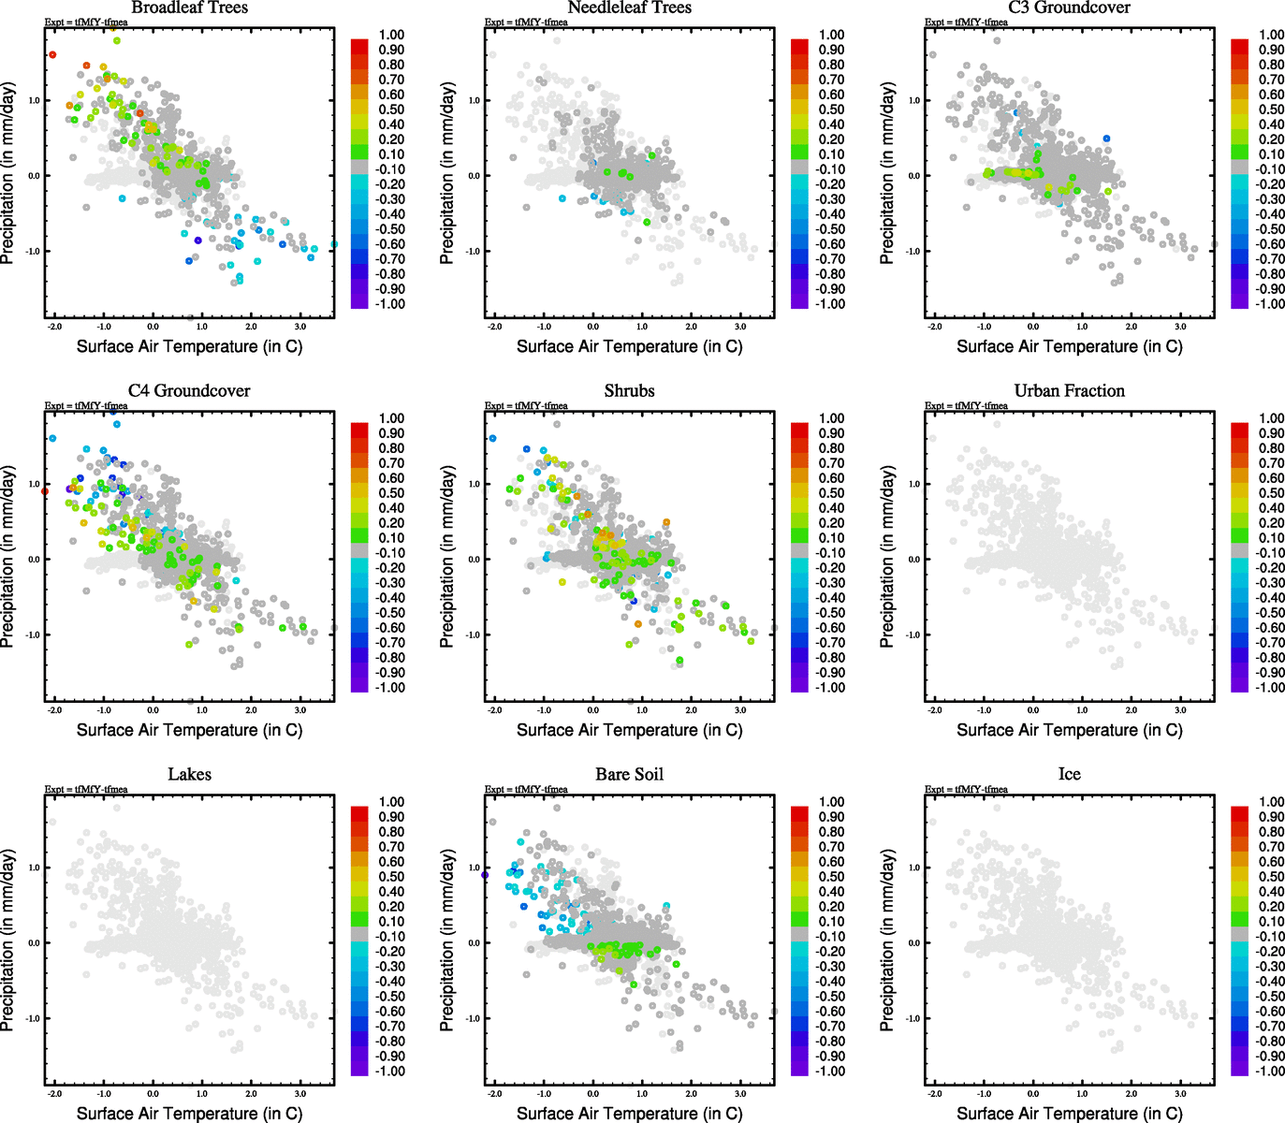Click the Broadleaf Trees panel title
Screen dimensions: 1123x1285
(189, 7)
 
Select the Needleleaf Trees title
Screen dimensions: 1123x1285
(629, 7)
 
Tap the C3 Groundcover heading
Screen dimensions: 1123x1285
(1069, 7)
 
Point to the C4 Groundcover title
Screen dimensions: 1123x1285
(189, 391)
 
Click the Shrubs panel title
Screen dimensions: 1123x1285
(629, 391)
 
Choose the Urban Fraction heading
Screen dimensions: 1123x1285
(1069, 391)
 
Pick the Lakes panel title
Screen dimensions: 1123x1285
(189, 775)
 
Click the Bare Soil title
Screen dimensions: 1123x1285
(629, 775)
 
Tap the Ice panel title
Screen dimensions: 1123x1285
(1069, 775)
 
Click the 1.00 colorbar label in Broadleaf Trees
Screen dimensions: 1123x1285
(392, 35)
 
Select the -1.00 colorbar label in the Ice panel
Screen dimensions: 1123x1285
(1270, 1071)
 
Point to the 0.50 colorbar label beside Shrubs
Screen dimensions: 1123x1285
(832, 493)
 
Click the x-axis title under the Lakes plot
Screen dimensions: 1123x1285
(189, 1113)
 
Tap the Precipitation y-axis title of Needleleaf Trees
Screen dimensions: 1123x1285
(447, 172)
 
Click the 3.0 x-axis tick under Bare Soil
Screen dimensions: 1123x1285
(739, 1094)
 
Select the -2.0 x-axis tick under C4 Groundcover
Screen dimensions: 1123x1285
(54, 710)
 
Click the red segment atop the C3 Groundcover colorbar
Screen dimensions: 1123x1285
(1239, 44)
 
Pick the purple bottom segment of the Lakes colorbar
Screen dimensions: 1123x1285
(359, 1069)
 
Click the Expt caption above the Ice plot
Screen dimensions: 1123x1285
(966, 789)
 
